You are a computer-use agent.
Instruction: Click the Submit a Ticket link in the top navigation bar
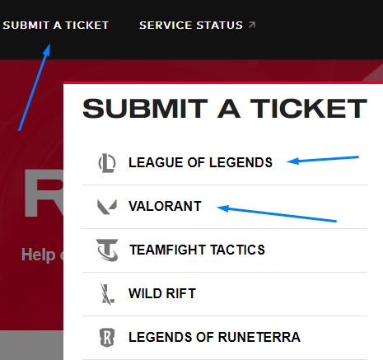pos(56,26)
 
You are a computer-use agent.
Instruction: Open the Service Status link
pos(191,26)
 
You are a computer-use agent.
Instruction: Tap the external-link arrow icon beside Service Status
pos(252,25)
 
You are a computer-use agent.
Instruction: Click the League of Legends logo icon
pos(107,163)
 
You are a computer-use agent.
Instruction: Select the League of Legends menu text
pos(200,162)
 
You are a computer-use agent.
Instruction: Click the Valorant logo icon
pos(107,207)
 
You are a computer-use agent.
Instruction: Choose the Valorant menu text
pos(165,206)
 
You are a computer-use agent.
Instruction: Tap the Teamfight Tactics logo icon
pos(107,250)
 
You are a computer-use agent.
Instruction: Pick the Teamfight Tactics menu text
pos(197,250)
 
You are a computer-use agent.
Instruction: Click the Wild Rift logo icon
pos(107,294)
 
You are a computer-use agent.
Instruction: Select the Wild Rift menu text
pos(162,293)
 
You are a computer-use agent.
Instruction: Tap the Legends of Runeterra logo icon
pos(107,338)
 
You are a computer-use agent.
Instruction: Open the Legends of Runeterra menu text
pos(214,337)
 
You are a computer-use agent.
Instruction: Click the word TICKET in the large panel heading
pos(309,109)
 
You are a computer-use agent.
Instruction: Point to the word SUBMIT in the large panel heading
pos(145,109)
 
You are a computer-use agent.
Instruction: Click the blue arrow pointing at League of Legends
pos(323,160)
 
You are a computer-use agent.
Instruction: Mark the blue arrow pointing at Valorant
pos(277,213)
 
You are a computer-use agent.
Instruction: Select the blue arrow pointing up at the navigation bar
pos(35,87)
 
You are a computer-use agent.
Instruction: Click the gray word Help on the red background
pos(39,255)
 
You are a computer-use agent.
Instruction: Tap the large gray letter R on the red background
pos(44,194)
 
